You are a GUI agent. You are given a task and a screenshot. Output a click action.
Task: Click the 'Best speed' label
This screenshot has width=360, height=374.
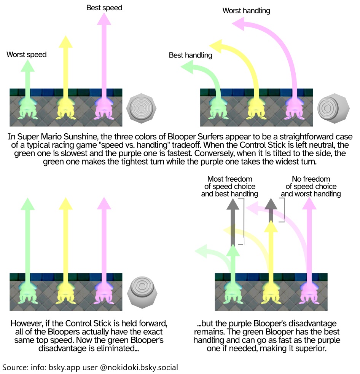point(104,8)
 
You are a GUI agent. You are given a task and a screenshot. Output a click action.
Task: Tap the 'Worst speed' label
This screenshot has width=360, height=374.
point(27,55)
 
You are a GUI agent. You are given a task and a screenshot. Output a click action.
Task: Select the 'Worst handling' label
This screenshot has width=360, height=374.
point(246,11)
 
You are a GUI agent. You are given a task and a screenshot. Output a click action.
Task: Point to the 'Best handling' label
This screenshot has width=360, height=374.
point(190,56)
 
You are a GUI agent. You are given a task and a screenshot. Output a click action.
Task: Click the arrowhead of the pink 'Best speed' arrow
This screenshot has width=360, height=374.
point(104,19)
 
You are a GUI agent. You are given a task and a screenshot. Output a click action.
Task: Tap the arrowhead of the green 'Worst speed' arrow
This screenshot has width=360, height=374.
point(27,66)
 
